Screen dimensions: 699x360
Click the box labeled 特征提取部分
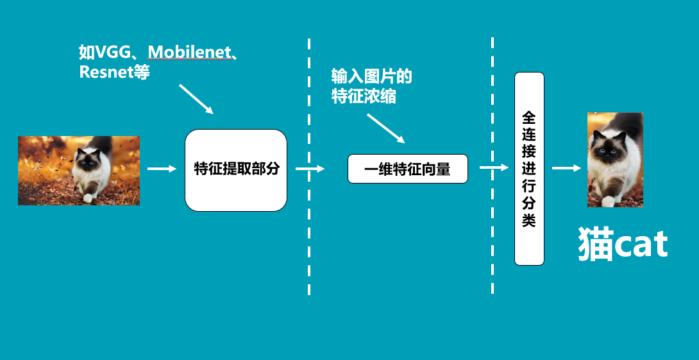(x=236, y=169)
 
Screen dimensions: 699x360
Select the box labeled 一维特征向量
(x=407, y=169)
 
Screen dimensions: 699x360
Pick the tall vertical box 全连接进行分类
(x=529, y=169)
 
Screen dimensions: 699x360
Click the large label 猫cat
(x=623, y=245)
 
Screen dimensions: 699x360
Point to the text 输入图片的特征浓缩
(x=371, y=87)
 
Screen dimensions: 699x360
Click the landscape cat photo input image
(x=78, y=170)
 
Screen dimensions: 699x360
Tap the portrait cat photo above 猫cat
(x=615, y=160)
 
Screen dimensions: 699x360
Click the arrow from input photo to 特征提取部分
(x=162, y=169)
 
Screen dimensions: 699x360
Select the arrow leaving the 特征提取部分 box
(x=310, y=169)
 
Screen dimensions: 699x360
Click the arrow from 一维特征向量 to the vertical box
(x=494, y=168)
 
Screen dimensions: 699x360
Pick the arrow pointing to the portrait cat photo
(x=566, y=168)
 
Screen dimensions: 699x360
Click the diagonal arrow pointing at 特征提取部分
(x=196, y=99)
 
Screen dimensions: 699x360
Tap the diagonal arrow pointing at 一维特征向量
(x=386, y=129)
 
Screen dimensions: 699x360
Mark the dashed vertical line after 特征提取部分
(x=309, y=167)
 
